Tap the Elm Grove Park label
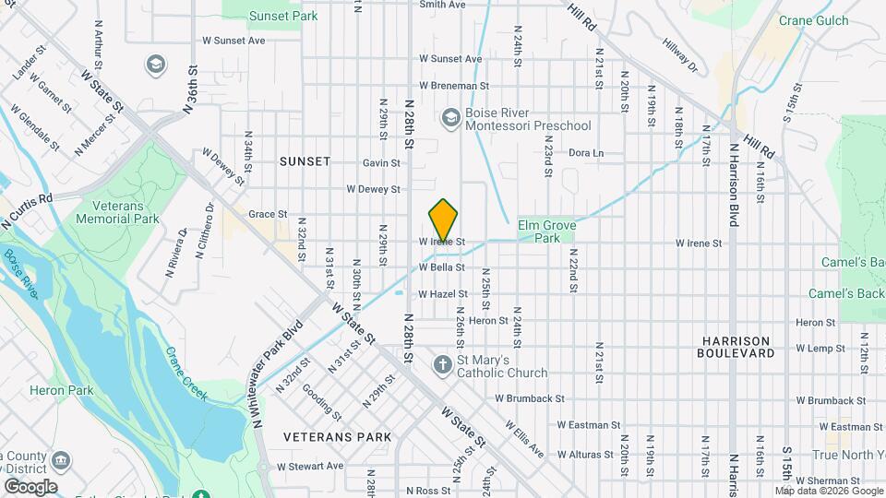[540, 231]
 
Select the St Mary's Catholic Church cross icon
[442, 364]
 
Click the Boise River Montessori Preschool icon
[450, 117]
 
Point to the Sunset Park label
[284, 16]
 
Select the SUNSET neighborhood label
[305, 161]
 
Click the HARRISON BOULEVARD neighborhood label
[736, 347]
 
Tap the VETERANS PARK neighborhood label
[337, 436]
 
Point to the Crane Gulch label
[812, 19]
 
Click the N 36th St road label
[191, 89]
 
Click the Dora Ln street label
[585, 153]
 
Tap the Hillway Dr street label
[679, 55]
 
